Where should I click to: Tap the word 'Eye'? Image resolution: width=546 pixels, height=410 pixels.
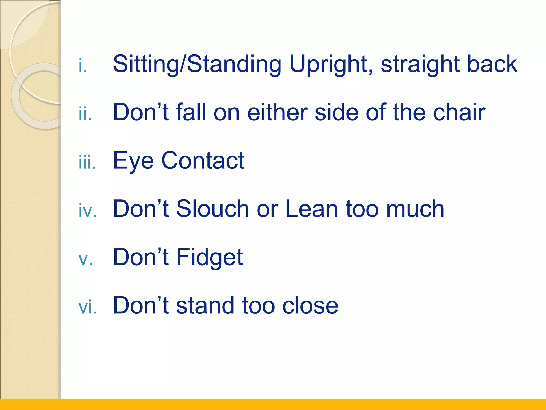(133, 161)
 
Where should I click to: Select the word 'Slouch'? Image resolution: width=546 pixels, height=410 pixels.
(212, 209)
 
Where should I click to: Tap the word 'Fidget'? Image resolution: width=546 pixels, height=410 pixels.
(210, 258)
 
